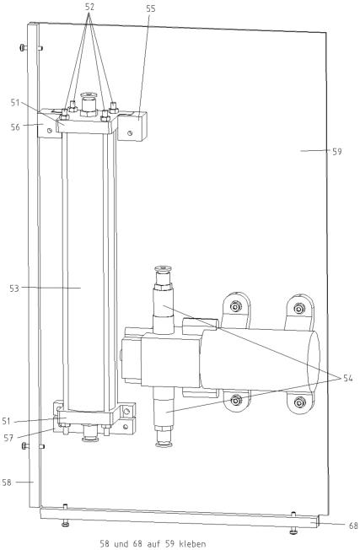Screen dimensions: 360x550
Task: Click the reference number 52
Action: [89, 7]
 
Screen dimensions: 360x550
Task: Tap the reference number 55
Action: [150, 8]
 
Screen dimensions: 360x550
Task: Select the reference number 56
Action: [15, 127]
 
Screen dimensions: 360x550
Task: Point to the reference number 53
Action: [14, 288]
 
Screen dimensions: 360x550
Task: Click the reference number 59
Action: [337, 152]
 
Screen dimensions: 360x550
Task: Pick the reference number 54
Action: [347, 378]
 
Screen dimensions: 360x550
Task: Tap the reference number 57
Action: [8, 438]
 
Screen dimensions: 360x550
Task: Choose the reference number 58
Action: [7, 483]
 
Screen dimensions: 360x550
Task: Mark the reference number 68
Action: [353, 526]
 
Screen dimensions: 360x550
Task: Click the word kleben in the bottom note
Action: [192, 544]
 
